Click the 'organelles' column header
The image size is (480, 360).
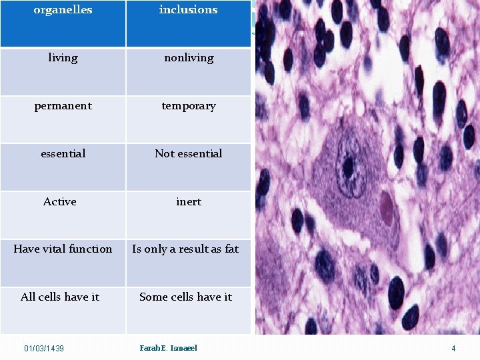pos(63,10)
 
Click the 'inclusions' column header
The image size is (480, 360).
pos(188,10)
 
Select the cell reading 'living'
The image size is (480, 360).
pos(63,58)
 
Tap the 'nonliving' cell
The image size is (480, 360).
pos(189,58)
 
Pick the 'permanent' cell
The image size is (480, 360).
pos(63,106)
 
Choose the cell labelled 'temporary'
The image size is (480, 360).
pos(189,106)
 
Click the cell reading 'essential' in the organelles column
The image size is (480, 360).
pos(63,154)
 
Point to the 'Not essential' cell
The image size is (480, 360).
pos(189,154)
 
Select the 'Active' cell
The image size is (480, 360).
pos(60,201)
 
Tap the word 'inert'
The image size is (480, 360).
pos(189,201)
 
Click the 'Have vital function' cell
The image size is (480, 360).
pos(63,249)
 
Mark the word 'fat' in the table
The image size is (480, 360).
pos(231,249)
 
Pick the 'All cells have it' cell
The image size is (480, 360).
pos(60,297)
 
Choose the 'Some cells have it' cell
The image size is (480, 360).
pos(185,297)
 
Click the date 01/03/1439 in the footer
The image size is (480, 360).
pos(44,349)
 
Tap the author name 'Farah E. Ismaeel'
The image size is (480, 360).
pos(168,348)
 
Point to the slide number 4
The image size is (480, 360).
pos(453,349)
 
